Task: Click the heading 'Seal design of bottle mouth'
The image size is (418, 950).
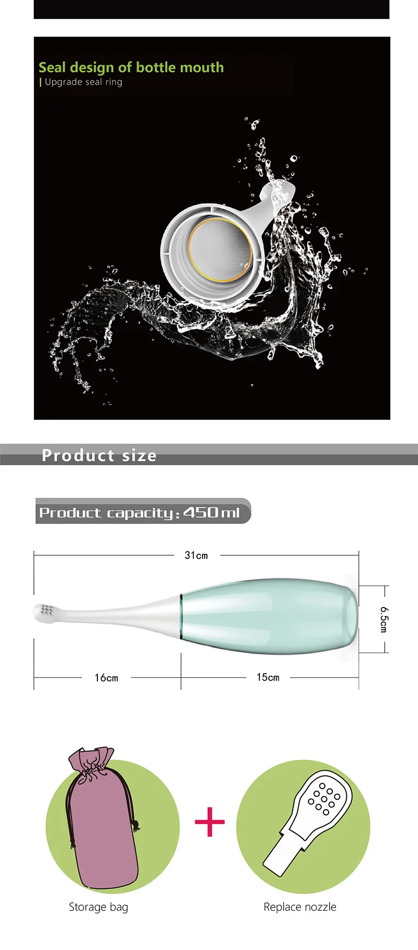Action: (131, 67)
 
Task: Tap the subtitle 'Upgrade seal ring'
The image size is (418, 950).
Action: (83, 82)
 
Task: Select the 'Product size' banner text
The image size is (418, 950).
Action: (99, 455)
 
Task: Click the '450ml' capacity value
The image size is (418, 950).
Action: (211, 512)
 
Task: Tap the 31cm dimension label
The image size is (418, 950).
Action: (196, 555)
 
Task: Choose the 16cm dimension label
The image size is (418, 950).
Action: (106, 677)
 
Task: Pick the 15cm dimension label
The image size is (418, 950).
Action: (268, 677)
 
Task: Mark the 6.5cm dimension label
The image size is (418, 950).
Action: (384, 619)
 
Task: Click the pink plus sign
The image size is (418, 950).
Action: (210, 822)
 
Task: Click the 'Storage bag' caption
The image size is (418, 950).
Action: (98, 907)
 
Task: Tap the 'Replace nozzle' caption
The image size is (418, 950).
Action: (300, 907)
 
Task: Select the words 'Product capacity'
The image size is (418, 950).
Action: (106, 512)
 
